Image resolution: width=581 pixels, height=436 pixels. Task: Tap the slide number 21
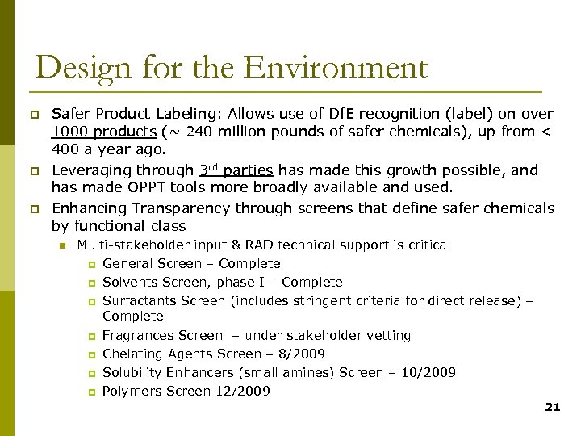[552, 407]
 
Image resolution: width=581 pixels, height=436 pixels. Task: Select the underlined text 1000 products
[104, 132]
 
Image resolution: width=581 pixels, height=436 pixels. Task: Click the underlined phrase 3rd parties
[236, 170]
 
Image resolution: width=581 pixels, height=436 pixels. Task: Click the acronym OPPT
[158, 188]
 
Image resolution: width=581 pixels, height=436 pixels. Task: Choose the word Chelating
[132, 354]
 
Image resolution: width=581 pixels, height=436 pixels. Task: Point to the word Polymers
[132, 391]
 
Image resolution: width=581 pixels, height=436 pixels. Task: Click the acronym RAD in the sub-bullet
[259, 245]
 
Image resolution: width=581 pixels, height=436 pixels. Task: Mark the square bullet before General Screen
[91, 264]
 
